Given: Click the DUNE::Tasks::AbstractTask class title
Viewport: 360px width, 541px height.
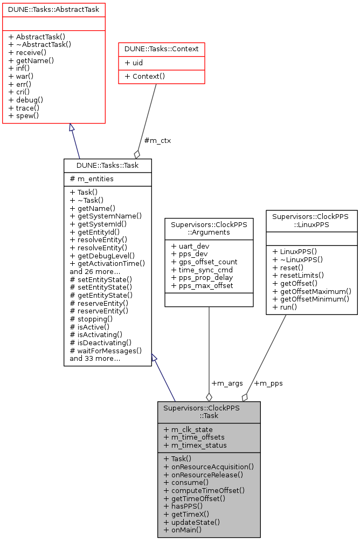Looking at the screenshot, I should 54,9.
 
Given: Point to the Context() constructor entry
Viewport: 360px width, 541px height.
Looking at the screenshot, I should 145,77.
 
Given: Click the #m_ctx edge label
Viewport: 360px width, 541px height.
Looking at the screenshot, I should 157,141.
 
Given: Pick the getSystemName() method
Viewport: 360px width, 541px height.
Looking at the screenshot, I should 106,216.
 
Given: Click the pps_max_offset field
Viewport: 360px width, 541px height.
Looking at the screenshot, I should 202,286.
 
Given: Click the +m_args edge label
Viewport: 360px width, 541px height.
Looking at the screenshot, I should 226,384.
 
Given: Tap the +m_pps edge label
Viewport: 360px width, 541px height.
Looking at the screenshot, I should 268,384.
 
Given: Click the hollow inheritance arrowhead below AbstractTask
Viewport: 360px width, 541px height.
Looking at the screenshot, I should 71,128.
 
